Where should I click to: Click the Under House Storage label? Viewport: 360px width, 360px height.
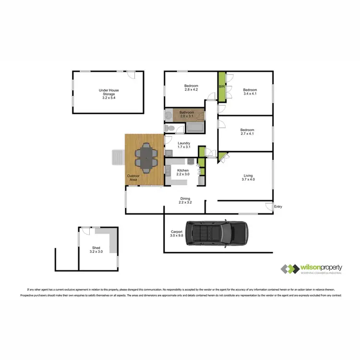pos(109,94)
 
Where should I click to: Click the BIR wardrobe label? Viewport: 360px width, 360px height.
pos(221,87)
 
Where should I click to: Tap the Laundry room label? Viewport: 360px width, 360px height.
pos(184,145)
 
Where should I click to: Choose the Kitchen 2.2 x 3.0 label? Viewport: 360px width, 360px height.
pos(183,172)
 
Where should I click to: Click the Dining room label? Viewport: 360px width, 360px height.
pos(185,201)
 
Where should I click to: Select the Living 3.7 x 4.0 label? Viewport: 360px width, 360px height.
pos(248,178)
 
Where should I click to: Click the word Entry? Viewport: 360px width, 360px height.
pos(278,207)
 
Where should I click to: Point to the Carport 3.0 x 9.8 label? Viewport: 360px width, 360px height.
pos(177,234)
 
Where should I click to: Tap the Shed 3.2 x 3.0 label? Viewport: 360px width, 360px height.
pos(96,250)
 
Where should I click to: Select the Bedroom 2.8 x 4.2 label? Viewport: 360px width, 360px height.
pos(191,88)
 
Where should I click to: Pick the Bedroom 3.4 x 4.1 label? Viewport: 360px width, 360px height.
pos(250,92)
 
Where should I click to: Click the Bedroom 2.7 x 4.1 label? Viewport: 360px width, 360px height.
pos(247,132)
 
